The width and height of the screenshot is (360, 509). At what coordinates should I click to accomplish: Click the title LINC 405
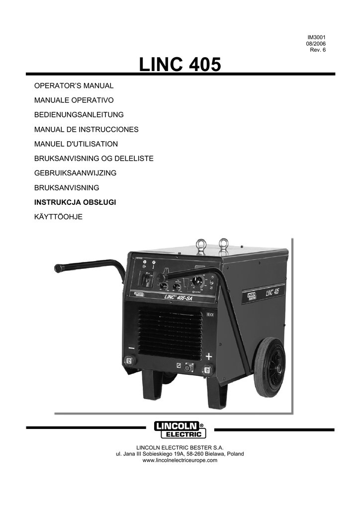[x=180, y=65]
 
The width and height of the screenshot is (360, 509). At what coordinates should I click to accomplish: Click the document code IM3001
[x=316, y=37]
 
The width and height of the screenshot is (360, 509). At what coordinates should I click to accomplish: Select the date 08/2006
[x=316, y=44]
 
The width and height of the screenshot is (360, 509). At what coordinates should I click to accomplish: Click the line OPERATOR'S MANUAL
[x=74, y=86]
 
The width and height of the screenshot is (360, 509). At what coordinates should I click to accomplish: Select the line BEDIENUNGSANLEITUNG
[x=79, y=115]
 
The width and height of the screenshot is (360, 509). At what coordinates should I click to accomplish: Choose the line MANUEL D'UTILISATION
[x=76, y=144]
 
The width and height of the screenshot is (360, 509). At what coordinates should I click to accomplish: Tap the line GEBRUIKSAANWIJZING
[x=75, y=173]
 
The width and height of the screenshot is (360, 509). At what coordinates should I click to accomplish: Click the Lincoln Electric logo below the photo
[x=180, y=430]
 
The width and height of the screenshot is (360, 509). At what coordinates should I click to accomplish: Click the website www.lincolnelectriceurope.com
[x=180, y=461]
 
